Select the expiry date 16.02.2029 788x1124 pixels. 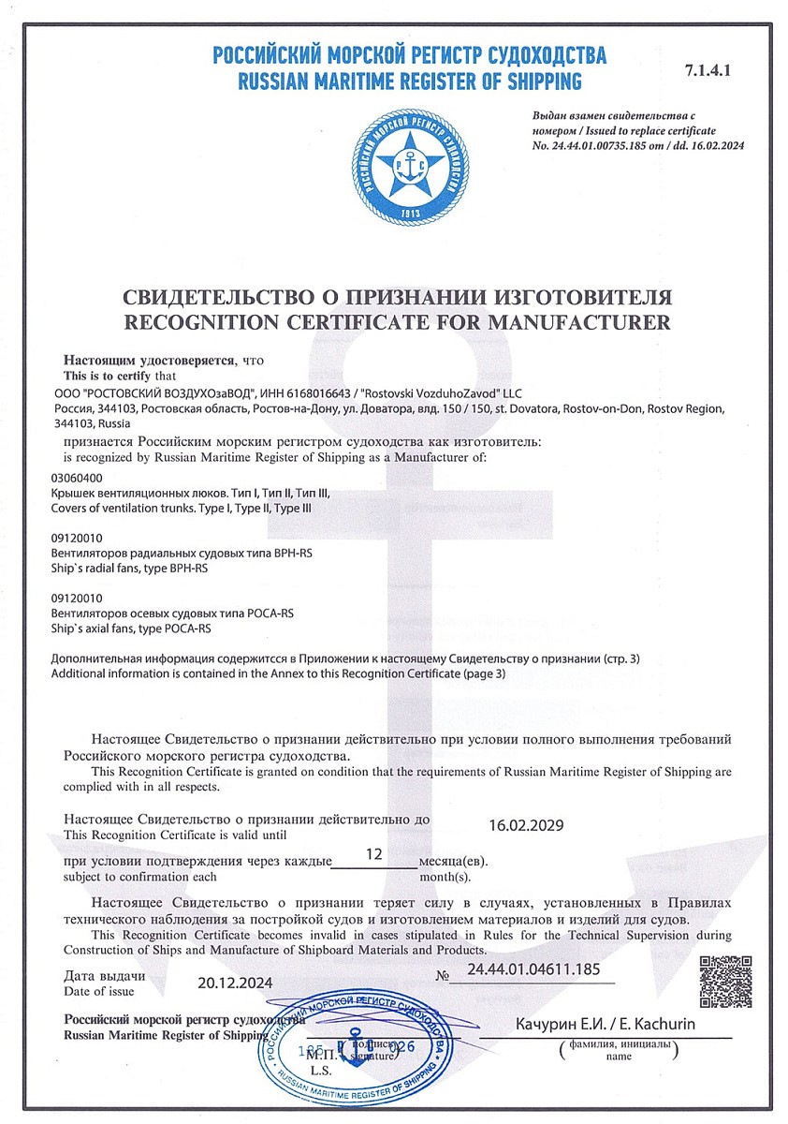pyautogui.click(x=527, y=826)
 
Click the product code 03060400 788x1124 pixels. pyautogui.click(x=77, y=478)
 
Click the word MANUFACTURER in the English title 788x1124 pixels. pyautogui.click(x=579, y=323)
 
